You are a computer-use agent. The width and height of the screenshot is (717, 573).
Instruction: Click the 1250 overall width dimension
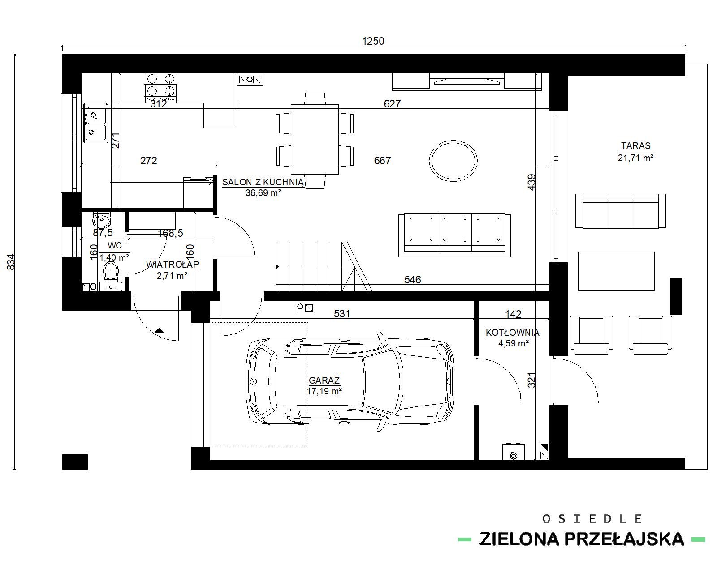tap(373, 41)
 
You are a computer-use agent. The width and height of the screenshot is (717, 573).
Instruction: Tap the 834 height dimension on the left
tap(11, 262)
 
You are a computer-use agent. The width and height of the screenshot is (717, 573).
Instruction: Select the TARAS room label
tap(636, 146)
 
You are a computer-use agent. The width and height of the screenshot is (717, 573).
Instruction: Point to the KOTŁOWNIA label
tap(512, 332)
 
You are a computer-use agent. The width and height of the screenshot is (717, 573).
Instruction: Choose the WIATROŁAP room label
tap(172, 265)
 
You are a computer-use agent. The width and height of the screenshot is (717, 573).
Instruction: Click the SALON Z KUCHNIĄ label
tap(263, 182)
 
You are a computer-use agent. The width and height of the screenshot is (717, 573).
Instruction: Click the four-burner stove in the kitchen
tap(160, 88)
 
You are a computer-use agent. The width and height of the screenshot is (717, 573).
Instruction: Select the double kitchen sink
tap(95, 123)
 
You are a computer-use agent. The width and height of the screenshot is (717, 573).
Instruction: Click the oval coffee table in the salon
tap(453, 161)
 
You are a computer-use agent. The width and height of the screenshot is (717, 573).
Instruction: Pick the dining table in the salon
tap(315, 139)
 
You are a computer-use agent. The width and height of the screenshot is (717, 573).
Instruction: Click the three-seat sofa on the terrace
tap(620, 211)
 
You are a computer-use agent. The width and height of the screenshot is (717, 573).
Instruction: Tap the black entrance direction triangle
tap(159, 330)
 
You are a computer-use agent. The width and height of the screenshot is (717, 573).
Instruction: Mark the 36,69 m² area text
tap(263, 193)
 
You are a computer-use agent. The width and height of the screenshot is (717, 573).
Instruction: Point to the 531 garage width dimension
tap(342, 313)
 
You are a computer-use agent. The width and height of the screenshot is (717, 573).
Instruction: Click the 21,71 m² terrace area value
tap(636, 158)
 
